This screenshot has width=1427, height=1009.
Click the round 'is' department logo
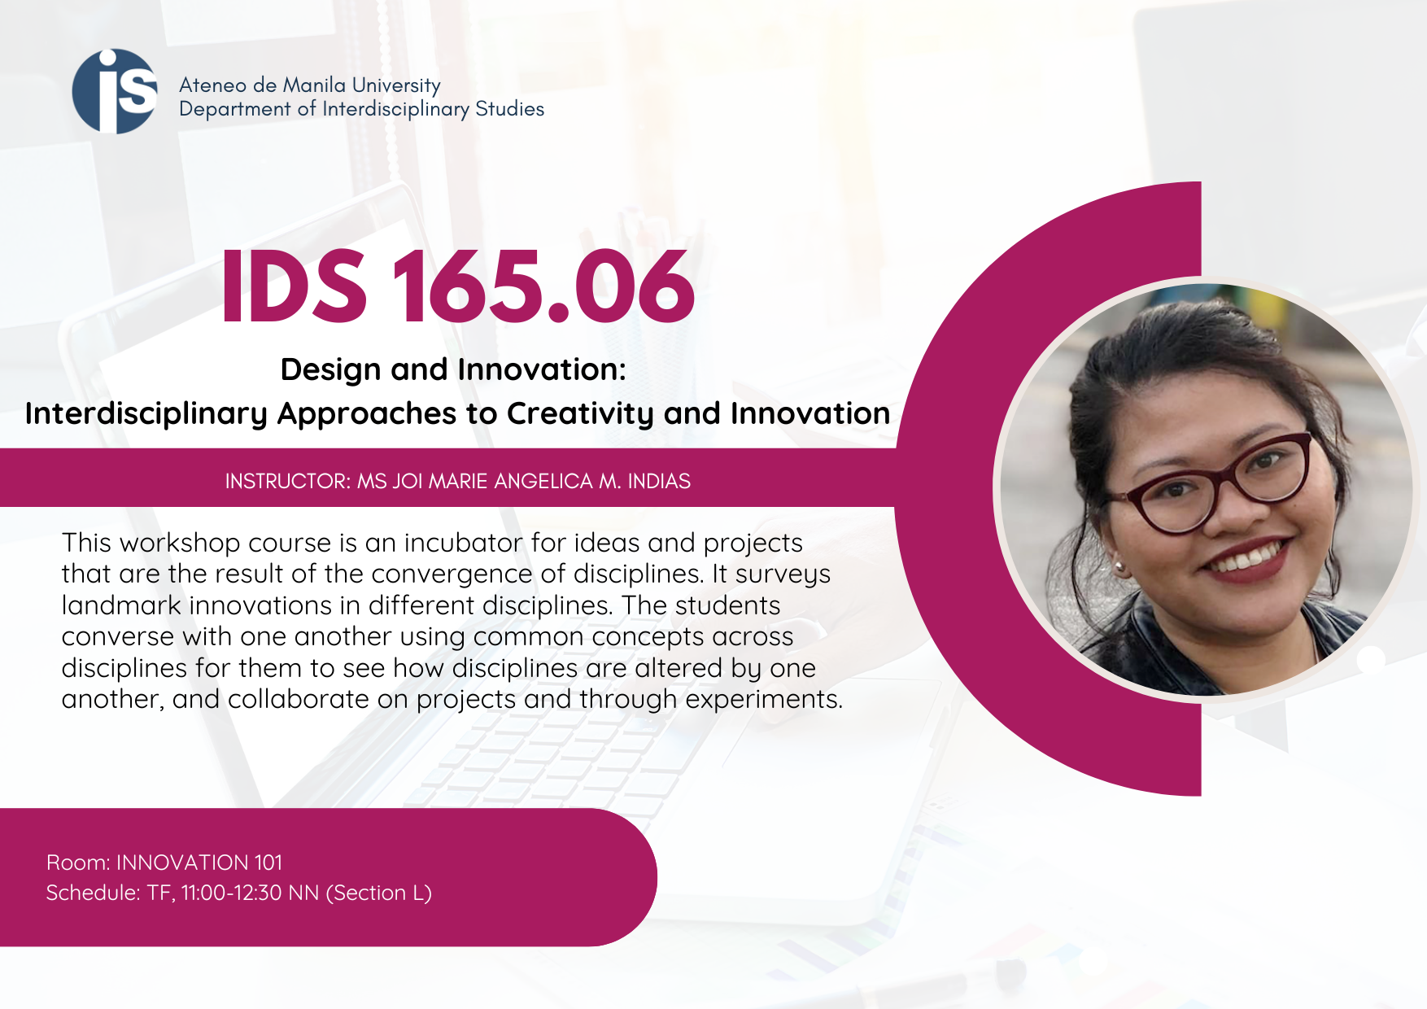click(115, 91)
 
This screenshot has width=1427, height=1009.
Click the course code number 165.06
click(543, 286)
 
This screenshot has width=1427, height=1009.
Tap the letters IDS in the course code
click(294, 286)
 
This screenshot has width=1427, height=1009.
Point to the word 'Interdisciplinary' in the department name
click(395, 110)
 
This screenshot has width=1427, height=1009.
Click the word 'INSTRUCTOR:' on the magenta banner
click(288, 481)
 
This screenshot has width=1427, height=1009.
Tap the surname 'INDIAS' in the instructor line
click(659, 481)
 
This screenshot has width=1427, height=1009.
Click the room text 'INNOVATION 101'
click(199, 863)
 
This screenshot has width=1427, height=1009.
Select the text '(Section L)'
click(379, 893)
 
